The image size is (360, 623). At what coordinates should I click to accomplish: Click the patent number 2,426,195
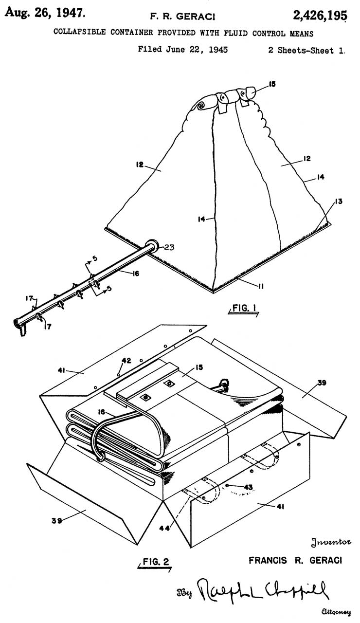point(320,15)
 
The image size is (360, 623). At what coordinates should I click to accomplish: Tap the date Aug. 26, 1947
point(45,13)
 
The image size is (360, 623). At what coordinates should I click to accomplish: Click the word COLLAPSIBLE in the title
point(79,32)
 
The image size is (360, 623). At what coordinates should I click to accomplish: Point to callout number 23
point(168,247)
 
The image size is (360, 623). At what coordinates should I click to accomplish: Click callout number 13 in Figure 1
point(338,201)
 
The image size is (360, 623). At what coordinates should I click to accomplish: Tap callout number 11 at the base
point(260,286)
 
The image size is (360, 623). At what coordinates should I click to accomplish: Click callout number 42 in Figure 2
point(126,361)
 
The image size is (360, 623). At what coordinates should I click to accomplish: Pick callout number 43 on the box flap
point(248,487)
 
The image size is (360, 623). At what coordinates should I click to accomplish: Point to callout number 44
point(164,528)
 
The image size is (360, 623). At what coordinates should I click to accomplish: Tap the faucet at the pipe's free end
point(20,326)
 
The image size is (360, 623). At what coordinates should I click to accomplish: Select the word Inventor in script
point(331,542)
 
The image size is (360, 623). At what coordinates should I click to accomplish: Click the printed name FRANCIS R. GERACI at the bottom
point(295,560)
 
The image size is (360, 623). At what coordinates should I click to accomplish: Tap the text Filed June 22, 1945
point(182,50)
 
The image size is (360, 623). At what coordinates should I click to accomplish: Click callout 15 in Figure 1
point(272,84)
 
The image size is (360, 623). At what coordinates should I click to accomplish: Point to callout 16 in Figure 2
point(101,412)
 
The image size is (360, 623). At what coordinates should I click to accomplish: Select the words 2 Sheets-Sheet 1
point(306,50)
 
